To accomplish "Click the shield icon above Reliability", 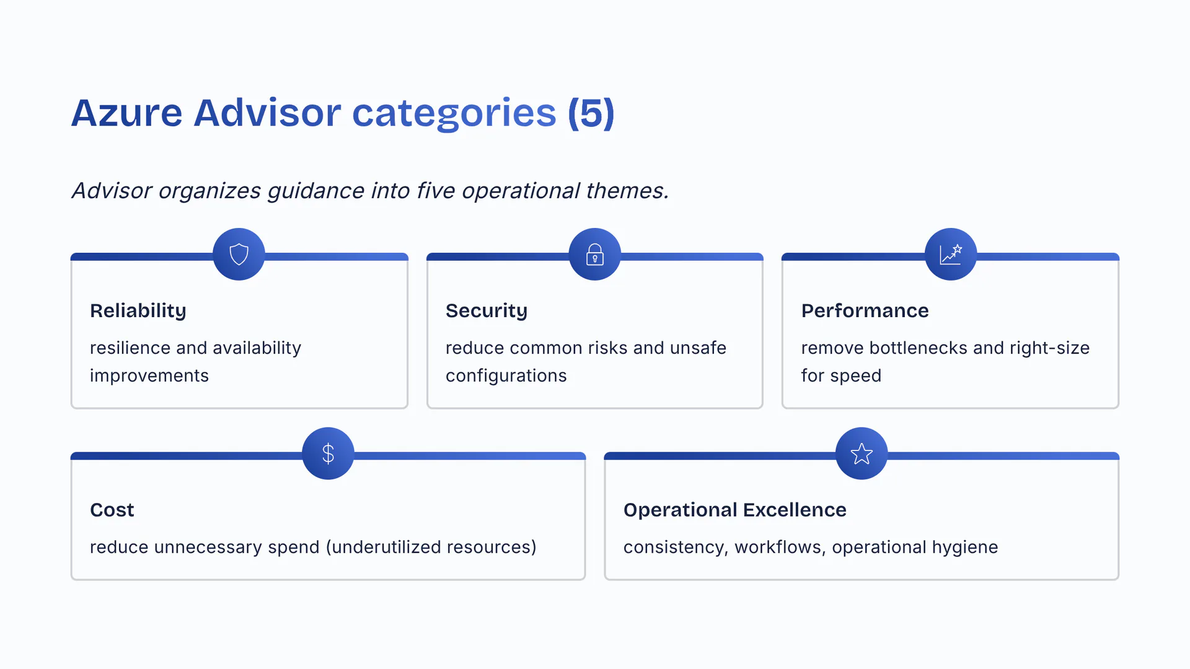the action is click(x=239, y=254).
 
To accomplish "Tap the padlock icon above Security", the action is click(x=595, y=254).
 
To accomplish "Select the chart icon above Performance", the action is click(x=951, y=254).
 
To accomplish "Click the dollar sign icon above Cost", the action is click(x=328, y=453).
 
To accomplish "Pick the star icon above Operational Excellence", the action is click(x=862, y=453).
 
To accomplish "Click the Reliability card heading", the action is click(x=138, y=310).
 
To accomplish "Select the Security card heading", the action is click(x=487, y=310).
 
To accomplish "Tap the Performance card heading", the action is click(x=865, y=310).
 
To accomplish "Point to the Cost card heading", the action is click(x=112, y=510).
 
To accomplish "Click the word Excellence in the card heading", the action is click(x=795, y=510).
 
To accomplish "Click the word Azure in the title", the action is click(x=127, y=113).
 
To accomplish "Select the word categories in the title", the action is click(x=454, y=113).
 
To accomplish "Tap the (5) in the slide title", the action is click(x=591, y=113).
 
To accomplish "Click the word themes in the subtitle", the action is click(x=627, y=191).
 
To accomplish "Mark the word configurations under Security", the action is click(x=506, y=376).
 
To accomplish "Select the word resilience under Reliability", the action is click(x=130, y=348).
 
